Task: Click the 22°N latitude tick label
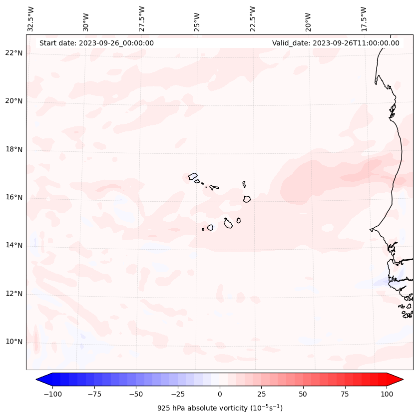14,53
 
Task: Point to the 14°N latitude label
14,245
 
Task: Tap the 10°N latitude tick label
14,342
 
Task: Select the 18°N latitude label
14,149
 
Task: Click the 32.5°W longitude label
31,18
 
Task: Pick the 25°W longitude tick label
198,18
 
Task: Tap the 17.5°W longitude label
364,18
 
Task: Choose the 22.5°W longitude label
253,18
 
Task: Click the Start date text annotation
96,43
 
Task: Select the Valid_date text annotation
336,43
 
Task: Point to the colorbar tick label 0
220,394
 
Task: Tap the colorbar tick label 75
345,394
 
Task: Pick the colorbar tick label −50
135,394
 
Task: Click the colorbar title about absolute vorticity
220,408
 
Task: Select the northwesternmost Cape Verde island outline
193,176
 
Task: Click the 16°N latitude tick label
14,197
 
